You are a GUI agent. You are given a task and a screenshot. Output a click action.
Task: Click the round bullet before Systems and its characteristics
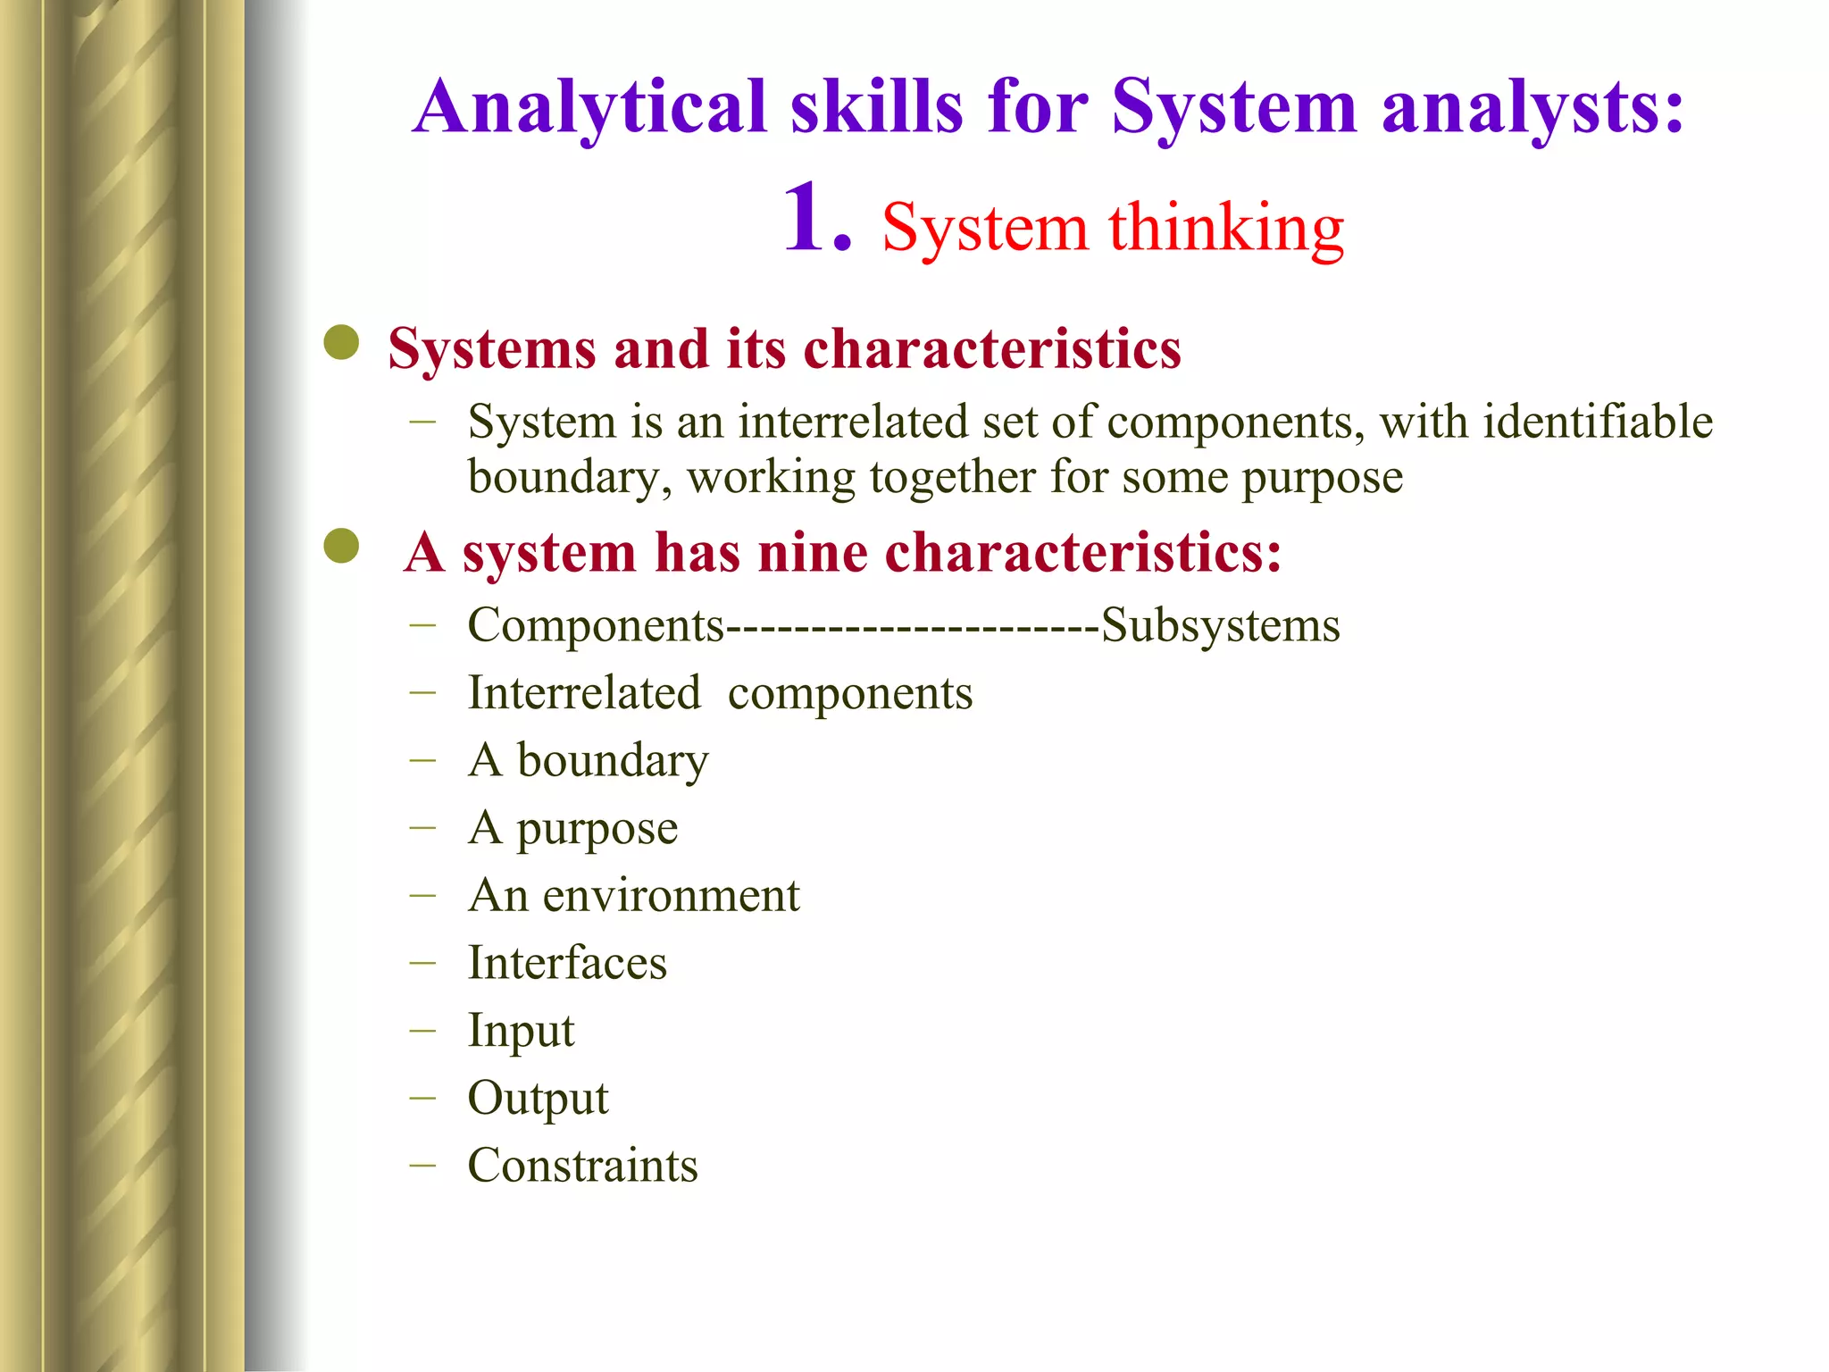click(x=341, y=342)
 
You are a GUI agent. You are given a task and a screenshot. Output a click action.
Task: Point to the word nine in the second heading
click(x=812, y=552)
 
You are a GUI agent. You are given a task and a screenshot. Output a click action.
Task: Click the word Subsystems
click(x=1220, y=624)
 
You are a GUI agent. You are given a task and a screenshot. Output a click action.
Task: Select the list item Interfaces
click(x=567, y=963)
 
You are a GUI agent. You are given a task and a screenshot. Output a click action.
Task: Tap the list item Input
click(x=521, y=1031)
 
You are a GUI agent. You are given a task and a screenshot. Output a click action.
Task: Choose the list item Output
click(x=538, y=1098)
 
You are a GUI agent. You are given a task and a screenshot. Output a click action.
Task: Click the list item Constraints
click(x=582, y=1166)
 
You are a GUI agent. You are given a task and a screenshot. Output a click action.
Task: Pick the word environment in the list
click(x=671, y=895)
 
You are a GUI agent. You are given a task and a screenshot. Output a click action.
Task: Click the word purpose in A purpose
click(x=597, y=829)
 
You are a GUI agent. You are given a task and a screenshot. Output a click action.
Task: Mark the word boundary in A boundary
click(x=613, y=761)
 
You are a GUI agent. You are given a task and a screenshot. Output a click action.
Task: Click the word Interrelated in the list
click(x=584, y=693)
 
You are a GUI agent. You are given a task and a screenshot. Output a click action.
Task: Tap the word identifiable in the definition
click(x=1597, y=422)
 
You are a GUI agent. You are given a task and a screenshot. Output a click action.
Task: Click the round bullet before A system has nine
click(x=341, y=546)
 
